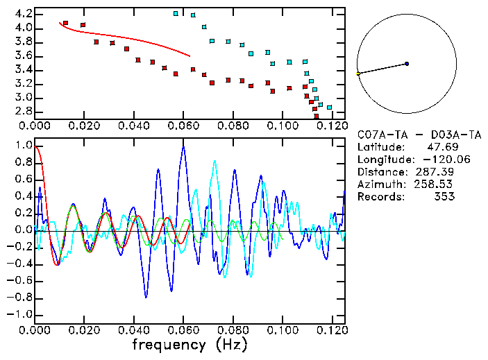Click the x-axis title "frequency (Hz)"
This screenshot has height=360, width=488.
tap(190, 345)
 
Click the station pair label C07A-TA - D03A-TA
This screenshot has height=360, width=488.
tap(414, 135)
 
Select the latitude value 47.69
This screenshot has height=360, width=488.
tap(439, 147)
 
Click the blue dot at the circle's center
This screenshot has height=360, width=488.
tap(407, 64)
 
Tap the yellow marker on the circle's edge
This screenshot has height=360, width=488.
tap(358, 73)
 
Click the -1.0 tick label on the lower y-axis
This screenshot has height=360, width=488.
tap(20, 314)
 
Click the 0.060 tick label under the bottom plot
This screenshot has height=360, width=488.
tap(183, 330)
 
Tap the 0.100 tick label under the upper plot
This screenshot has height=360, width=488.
tap(282, 127)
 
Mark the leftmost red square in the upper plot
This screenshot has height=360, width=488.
tap(65, 23)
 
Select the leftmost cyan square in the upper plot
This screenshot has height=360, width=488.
tap(176, 13)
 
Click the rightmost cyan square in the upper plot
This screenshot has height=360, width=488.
tap(329, 108)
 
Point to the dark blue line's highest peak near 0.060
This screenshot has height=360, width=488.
tap(183, 146)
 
